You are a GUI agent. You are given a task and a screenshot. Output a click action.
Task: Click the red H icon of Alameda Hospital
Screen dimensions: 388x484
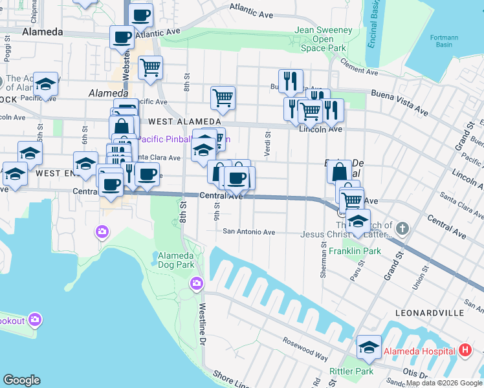point(464,351)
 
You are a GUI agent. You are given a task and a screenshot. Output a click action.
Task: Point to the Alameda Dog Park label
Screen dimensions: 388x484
point(176,260)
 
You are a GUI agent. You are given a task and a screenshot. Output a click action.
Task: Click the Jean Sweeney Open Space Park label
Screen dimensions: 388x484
point(324,39)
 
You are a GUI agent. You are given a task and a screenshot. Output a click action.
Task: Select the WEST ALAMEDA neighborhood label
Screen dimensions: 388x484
point(184,122)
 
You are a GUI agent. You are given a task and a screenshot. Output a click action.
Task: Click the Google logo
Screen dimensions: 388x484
point(21,380)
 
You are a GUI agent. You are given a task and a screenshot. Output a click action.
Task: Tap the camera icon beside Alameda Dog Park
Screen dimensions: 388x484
point(197,283)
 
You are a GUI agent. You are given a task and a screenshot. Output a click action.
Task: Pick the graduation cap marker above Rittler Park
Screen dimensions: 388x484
point(369,347)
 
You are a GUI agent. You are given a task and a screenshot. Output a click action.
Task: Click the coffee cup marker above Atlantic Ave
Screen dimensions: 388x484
point(141,15)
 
